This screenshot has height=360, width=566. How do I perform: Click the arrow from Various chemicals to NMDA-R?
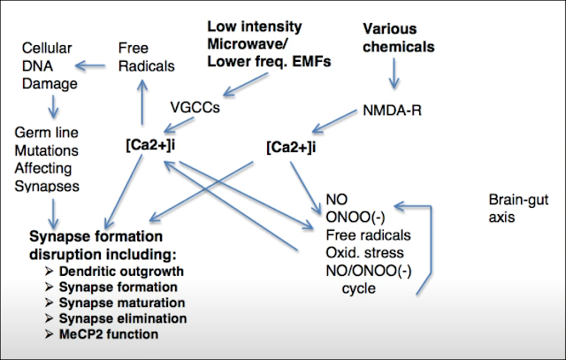click(394, 79)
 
